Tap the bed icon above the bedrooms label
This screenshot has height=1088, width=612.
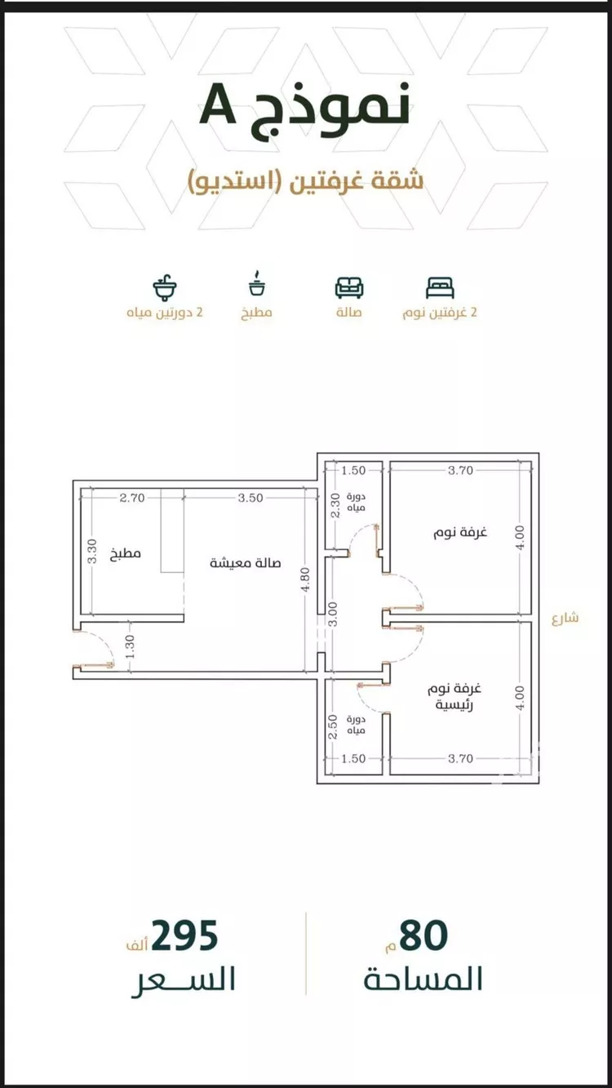pos(440,287)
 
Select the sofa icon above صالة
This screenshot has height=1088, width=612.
pos(349,287)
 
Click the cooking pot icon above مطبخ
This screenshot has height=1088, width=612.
pos(256,283)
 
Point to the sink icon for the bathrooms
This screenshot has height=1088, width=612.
pos(165,287)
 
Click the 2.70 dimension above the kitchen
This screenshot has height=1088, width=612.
pos(132,498)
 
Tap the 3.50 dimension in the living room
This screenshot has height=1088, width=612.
pos(251,498)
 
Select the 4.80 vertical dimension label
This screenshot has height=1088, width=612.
pos(305,580)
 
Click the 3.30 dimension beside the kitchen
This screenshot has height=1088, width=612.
pos(91,551)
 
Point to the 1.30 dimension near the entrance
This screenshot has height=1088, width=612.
pos(130,648)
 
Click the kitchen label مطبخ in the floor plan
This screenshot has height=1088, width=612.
pos(126,553)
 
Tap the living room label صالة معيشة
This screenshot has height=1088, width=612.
pos(246,563)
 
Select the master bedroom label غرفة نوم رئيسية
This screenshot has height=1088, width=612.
pos(455,697)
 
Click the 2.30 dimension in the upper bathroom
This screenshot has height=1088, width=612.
pos(335,505)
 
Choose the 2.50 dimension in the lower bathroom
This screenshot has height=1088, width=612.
pos(333,727)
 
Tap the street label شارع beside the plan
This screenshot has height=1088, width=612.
pos(565,618)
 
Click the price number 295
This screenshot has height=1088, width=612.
pos(184,935)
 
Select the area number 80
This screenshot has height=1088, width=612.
pos(424,935)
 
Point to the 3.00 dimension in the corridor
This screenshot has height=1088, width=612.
pos(333,615)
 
